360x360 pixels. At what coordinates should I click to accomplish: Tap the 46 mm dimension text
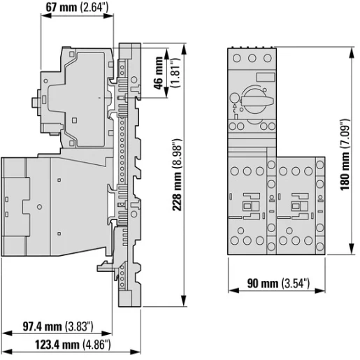[159, 73]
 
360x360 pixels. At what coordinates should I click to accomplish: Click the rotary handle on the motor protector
[257, 101]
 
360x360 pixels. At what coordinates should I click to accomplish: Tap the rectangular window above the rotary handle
[266, 77]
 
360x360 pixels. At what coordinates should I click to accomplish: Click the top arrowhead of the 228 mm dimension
[184, 50]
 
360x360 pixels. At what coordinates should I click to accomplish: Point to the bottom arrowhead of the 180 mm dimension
[352, 249]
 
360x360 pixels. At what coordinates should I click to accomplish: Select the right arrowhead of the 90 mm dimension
[319, 291]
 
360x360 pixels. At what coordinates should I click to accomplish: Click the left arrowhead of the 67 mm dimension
[46, 15]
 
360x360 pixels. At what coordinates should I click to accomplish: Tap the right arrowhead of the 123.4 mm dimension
[136, 352]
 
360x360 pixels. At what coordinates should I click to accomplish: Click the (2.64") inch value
[94, 8]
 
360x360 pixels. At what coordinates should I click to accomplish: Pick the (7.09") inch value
[345, 134]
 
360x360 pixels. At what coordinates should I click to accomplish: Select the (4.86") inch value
[96, 345]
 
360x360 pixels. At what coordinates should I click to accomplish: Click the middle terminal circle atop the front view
[252, 58]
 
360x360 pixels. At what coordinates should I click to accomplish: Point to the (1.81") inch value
[175, 73]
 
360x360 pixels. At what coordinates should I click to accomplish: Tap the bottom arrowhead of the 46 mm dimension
[166, 92]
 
